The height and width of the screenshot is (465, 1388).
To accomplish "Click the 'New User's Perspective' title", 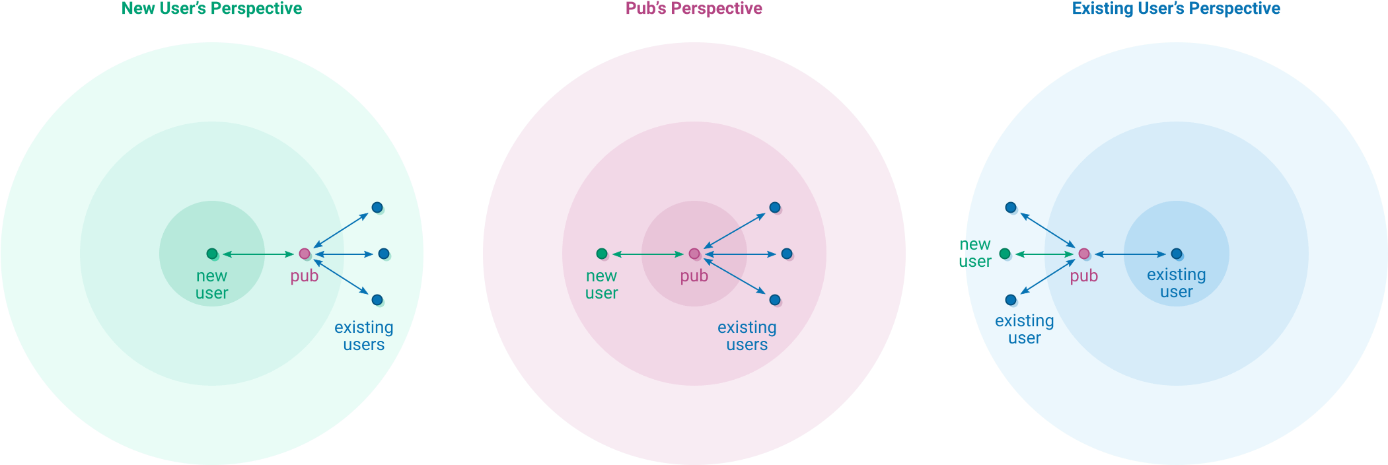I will click(x=211, y=9).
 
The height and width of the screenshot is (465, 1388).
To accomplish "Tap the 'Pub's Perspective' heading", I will click(x=694, y=9).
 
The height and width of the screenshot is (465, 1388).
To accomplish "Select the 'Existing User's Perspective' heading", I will click(x=1176, y=9).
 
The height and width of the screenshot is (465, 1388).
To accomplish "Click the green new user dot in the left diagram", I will click(x=212, y=254).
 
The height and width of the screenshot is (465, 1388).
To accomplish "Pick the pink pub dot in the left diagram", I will click(x=305, y=254).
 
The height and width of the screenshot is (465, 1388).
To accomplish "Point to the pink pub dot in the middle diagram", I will click(x=694, y=254).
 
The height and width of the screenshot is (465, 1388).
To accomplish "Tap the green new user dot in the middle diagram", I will click(x=602, y=254).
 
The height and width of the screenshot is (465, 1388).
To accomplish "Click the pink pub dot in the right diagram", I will click(x=1084, y=254).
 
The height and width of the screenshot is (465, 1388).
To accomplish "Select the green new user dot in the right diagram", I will click(x=1005, y=254).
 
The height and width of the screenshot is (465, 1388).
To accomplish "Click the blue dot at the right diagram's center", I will click(x=1177, y=254).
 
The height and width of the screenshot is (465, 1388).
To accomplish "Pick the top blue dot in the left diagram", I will click(x=377, y=207).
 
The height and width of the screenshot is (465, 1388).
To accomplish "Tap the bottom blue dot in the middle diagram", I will click(x=775, y=300).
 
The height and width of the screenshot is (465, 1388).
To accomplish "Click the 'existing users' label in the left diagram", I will click(x=363, y=336).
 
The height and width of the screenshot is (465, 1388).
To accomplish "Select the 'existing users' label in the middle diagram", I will click(x=747, y=336).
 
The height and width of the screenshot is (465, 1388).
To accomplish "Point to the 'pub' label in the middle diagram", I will click(x=694, y=276).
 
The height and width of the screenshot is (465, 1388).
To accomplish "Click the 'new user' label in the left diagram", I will click(x=211, y=285).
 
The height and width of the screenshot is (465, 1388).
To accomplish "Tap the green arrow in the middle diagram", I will click(x=647, y=254).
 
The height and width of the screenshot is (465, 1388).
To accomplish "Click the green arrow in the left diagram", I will click(x=258, y=254).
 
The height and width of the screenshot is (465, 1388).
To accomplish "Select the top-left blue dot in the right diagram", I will click(x=1011, y=207).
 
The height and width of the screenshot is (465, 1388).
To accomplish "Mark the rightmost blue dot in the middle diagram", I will click(x=787, y=254).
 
